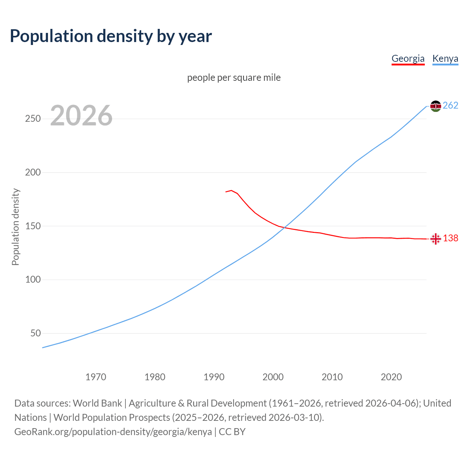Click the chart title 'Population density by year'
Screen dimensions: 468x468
[111, 36]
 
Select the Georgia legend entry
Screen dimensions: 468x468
[408, 58]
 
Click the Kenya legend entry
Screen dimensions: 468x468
[445, 58]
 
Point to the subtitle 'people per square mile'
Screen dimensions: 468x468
[234, 78]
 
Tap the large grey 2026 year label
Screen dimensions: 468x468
[81, 116]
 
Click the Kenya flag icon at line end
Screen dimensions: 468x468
[435, 106]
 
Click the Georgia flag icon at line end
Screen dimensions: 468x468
[435, 239]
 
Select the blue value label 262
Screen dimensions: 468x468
[450, 106]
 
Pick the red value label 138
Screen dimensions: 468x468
[450, 238]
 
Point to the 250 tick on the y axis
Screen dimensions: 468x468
[33, 119]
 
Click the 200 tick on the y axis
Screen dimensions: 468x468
[33, 172]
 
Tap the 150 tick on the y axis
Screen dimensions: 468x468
[33, 226]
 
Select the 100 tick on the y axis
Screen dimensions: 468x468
[33, 280]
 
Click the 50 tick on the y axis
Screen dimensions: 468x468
[35, 333]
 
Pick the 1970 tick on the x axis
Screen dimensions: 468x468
[96, 377]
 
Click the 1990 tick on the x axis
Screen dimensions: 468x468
[214, 377]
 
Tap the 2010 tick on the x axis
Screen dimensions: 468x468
[332, 377]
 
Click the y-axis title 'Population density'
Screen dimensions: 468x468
[15, 227]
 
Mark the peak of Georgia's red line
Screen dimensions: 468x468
[231, 190]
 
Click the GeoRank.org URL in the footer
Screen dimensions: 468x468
[113, 432]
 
